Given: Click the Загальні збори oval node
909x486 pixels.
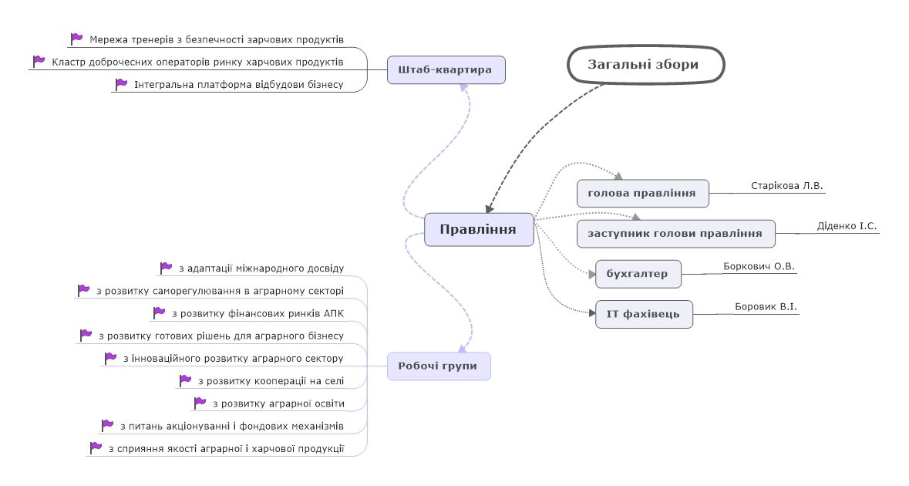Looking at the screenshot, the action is pyautogui.click(x=646, y=64).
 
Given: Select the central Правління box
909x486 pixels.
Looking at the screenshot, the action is pyautogui.click(x=479, y=230).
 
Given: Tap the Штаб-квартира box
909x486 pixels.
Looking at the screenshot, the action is pyautogui.click(x=446, y=69).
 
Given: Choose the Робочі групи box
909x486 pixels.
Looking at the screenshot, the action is pyautogui.click(x=439, y=366).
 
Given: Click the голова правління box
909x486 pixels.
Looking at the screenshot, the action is pyautogui.click(x=643, y=193).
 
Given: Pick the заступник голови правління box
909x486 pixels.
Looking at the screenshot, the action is pyautogui.click(x=676, y=234).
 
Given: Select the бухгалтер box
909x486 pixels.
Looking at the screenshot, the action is pyautogui.click(x=638, y=274).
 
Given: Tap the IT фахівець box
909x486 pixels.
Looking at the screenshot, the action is pyautogui.click(x=644, y=314).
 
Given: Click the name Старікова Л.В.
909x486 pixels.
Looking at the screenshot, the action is pyautogui.click(x=786, y=186).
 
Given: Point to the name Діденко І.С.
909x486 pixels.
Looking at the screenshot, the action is pyautogui.click(x=847, y=225).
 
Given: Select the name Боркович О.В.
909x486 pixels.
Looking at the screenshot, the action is pyautogui.click(x=759, y=266).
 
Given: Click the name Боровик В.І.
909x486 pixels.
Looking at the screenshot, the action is pyautogui.click(x=766, y=306).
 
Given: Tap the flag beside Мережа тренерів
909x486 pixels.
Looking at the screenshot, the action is pyautogui.click(x=76, y=39).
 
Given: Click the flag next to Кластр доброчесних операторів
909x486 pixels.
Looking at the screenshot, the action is pyautogui.click(x=39, y=61).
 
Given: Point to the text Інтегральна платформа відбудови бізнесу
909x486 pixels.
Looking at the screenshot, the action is pyautogui.click(x=239, y=85).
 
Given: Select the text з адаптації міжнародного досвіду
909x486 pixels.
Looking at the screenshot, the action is pyautogui.click(x=261, y=268).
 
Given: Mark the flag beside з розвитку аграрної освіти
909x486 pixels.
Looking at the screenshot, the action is pyautogui.click(x=200, y=403).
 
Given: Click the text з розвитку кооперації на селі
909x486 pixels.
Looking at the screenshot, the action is pyautogui.click(x=271, y=381).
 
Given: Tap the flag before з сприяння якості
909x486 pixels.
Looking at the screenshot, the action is pyautogui.click(x=96, y=447).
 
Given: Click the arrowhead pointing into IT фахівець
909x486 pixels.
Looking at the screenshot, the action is pyautogui.click(x=592, y=313).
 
